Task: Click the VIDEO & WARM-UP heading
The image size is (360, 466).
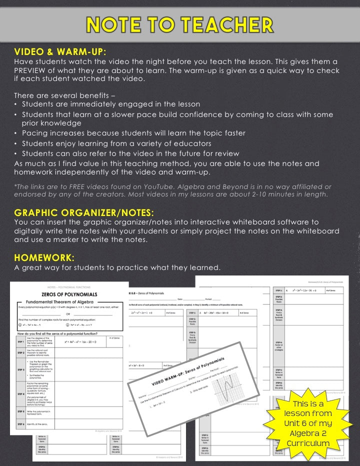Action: pos(60,51)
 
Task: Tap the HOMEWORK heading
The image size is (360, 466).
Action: pos(44,257)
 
